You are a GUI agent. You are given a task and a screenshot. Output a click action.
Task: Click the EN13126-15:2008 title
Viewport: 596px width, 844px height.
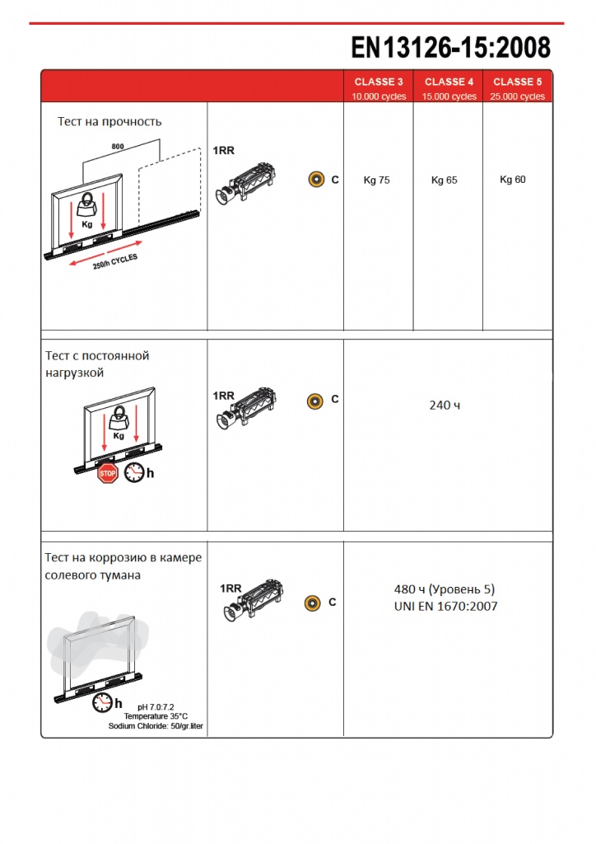pyautogui.click(x=451, y=47)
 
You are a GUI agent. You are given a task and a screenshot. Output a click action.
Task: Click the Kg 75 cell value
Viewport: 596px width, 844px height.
pyautogui.click(x=377, y=180)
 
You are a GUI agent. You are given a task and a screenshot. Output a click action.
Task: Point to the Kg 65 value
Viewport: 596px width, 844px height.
pyautogui.click(x=445, y=180)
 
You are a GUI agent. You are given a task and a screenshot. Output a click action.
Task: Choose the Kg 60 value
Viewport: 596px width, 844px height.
pyautogui.click(x=513, y=179)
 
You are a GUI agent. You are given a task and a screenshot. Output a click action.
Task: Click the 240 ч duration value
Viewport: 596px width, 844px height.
pyautogui.click(x=445, y=405)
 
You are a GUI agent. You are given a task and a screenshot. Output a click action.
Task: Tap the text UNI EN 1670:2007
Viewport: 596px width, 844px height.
pyautogui.click(x=445, y=606)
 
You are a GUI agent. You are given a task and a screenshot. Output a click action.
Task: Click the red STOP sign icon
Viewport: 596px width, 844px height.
pyautogui.click(x=108, y=473)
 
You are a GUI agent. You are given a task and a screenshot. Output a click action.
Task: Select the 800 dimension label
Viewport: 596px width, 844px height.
pyautogui.click(x=118, y=147)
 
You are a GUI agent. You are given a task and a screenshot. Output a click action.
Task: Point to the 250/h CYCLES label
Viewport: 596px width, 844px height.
pyautogui.click(x=115, y=261)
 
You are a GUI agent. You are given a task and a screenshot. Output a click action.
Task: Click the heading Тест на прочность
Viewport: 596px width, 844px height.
pyautogui.click(x=109, y=122)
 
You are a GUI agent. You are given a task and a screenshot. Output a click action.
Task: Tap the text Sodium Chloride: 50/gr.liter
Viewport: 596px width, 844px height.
pyautogui.click(x=156, y=725)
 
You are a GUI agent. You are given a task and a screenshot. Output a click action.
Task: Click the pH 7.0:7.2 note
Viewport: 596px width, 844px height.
pyautogui.click(x=156, y=706)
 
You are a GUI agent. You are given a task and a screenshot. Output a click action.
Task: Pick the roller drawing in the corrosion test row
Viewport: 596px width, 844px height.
pyautogui.click(x=253, y=600)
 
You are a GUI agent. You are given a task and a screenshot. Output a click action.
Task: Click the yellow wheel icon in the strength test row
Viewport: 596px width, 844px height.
pyautogui.click(x=317, y=179)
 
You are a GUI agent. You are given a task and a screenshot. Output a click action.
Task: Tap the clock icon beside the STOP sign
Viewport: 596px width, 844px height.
pyautogui.click(x=134, y=472)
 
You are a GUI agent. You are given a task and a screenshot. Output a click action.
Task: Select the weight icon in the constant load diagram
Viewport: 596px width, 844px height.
pyautogui.click(x=119, y=418)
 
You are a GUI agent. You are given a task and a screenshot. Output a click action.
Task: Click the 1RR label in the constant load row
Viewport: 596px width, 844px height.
pyautogui.click(x=224, y=396)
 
